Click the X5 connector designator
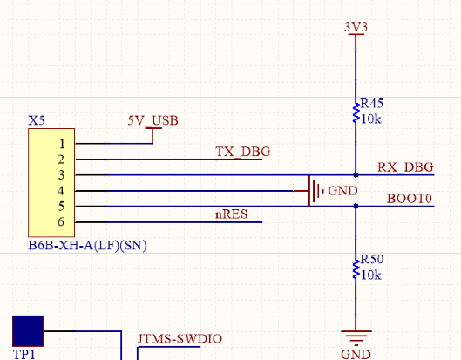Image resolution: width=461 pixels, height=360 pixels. pos(37,120)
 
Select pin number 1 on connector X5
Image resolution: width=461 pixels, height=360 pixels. pos(62,144)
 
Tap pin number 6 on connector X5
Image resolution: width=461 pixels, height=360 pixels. pos(61,221)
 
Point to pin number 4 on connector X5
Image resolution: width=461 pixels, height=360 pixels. pos(61,191)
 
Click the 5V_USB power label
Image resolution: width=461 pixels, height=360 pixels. pos(153,120)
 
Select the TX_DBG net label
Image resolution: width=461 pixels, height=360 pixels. pos(242,152)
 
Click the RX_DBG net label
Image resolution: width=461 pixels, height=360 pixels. pos(405,167)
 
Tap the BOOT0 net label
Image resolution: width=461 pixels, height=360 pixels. pos(410,199)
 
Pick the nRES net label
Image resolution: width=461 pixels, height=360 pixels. pos(232,214)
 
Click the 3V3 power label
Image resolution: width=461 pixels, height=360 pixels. pos(356,27)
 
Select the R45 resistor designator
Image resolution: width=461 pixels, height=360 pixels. pos(371,104)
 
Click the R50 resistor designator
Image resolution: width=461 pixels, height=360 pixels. pos(372,260)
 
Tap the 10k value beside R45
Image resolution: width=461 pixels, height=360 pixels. pos(370,119)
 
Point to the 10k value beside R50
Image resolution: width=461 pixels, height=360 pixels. pos(370,275)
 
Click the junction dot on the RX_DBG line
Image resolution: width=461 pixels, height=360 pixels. pos(356,175)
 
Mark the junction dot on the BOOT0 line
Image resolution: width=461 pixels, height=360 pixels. pos(356,207)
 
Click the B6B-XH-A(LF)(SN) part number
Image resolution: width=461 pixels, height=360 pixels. pos(87,245)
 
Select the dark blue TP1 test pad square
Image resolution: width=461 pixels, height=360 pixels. pos(28,331)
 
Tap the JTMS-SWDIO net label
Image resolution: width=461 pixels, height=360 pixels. pos(180,339)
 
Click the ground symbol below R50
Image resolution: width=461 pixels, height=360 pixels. pos(356,337)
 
